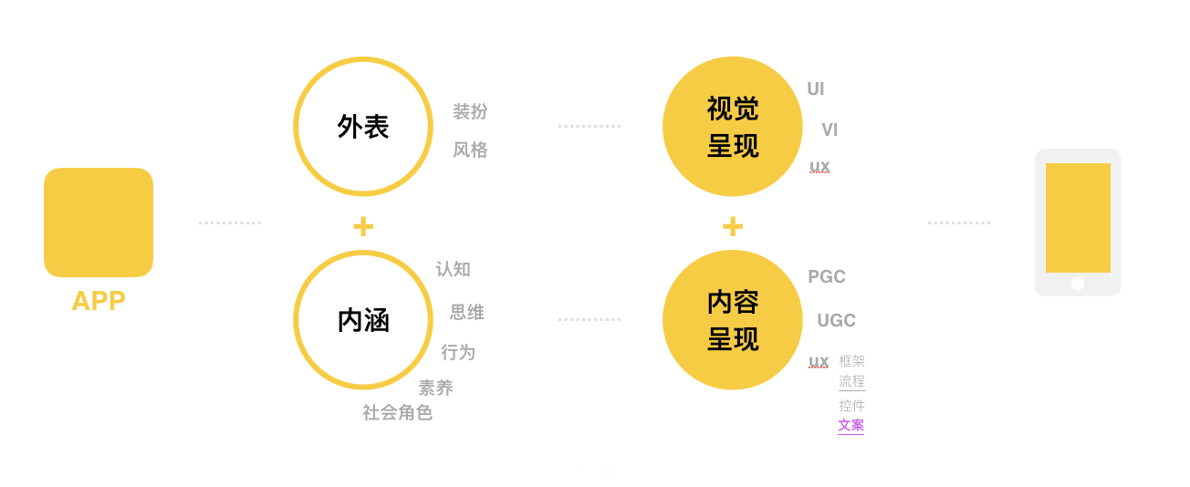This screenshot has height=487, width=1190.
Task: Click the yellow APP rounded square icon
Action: coord(99,222)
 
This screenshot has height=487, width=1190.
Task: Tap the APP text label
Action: coord(99,301)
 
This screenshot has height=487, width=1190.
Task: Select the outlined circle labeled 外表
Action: coord(363,127)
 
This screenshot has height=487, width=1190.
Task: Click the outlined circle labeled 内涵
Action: coord(363,320)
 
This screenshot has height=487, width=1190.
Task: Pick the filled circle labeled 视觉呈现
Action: coord(733,127)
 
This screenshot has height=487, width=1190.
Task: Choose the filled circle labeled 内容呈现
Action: coord(733,320)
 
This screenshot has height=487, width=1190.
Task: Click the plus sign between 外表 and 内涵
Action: coord(363,226)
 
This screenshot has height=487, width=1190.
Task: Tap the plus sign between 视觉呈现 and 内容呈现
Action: coord(733,226)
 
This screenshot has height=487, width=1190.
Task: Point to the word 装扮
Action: coord(470,112)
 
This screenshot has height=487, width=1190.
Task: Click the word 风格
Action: coord(470,150)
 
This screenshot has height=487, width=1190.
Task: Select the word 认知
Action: coord(454,270)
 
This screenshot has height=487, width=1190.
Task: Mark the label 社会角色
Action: coord(397,413)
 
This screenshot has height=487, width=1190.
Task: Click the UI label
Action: coord(816,89)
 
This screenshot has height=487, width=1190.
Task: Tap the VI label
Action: coord(830,130)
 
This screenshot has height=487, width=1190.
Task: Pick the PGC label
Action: coord(827,277)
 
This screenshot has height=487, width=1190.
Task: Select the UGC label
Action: coord(836,321)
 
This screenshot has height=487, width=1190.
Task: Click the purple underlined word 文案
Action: coord(851,425)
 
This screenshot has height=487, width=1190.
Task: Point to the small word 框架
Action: coord(851,361)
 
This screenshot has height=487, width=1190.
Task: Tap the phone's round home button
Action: coord(1078,284)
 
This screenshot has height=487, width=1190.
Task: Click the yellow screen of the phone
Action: coord(1078,218)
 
